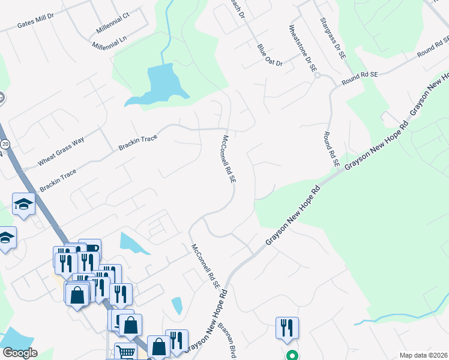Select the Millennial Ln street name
[x=110, y=43]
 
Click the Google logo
[x=20, y=352]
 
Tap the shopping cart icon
[x=125, y=351]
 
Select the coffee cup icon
[x=91, y=247]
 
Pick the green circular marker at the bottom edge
[x=292, y=355]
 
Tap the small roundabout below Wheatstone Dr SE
[x=318, y=75]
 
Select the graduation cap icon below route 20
[x=23, y=204]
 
